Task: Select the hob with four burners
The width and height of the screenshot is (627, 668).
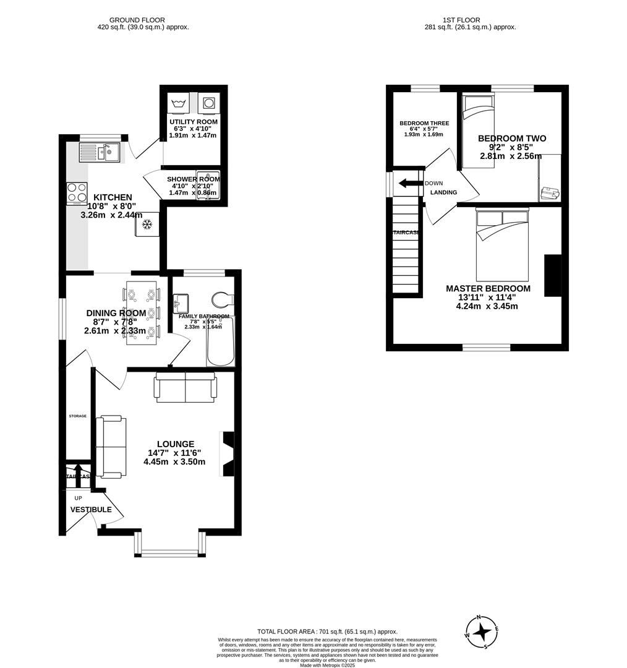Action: click(x=77, y=192)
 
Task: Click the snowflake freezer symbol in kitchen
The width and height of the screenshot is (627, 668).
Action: click(x=148, y=224)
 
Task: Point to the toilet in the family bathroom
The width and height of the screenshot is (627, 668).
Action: click(x=222, y=300)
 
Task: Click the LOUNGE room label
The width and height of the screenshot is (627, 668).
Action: click(x=175, y=444)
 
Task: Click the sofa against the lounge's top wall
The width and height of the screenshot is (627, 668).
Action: click(x=186, y=388)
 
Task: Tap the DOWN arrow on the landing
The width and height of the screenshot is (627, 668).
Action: click(x=409, y=183)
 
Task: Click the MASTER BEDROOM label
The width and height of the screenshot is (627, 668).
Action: click(x=488, y=289)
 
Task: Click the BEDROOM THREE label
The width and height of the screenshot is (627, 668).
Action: click(x=424, y=124)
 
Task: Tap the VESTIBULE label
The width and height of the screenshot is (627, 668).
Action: click(x=91, y=510)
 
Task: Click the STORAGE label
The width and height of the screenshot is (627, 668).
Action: click(x=77, y=416)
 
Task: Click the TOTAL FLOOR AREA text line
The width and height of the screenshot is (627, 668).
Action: click(x=328, y=632)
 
